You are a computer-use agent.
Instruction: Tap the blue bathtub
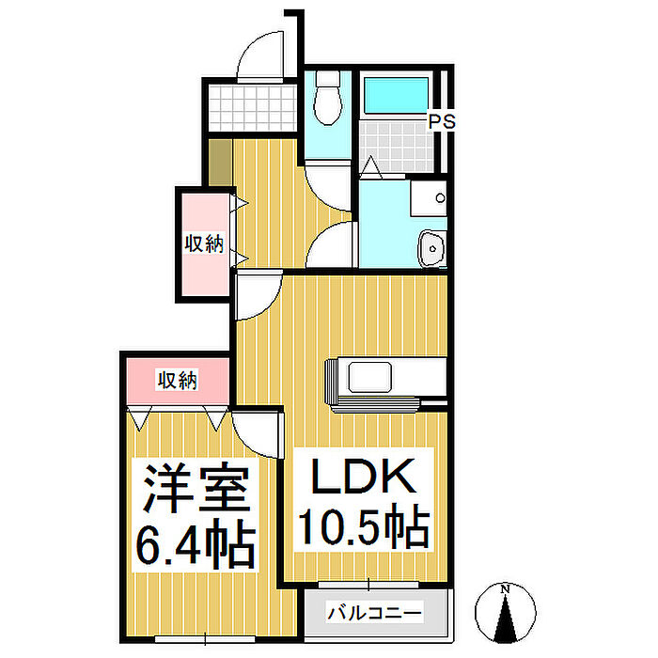396,95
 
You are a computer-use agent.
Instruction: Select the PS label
442,121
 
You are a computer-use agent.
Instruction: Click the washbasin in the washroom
431,248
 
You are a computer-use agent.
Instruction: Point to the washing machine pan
429,198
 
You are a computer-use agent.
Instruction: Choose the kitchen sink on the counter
369,377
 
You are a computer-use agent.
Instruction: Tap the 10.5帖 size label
364,525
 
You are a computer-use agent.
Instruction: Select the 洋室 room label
196,487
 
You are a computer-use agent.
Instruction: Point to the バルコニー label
374,613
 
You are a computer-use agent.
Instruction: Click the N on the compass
506,588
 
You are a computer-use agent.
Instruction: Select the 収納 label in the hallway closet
204,243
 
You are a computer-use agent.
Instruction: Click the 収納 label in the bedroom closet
177,380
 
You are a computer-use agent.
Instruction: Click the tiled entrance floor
252,108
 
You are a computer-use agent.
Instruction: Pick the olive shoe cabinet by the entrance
220,163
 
